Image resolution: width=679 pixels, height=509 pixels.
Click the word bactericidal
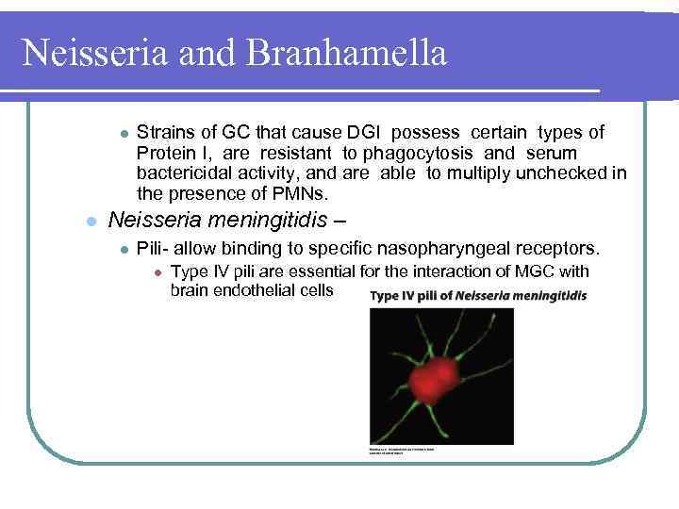coord(183,173)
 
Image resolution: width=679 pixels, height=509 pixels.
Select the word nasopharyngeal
coord(438,249)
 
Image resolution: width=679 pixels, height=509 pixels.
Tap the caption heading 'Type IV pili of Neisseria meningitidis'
coord(478,296)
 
